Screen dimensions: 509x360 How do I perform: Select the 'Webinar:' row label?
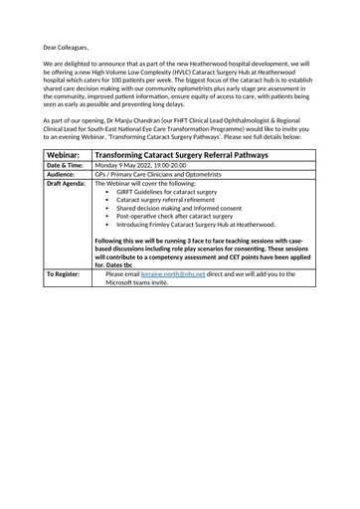[66, 156]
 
